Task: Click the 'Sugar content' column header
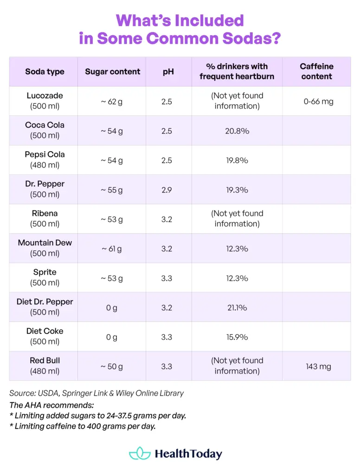(112, 71)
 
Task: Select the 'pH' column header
(168, 71)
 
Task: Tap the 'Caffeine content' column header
(316, 71)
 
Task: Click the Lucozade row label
(45, 101)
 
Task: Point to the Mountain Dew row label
(45, 248)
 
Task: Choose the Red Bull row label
(45, 366)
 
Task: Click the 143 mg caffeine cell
(318, 366)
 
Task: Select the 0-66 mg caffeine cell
(318, 101)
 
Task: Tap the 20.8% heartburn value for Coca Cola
(237, 131)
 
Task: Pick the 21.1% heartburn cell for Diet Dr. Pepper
(237, 308)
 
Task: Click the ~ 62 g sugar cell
(112, 102)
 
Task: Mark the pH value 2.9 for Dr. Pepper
(167, 190)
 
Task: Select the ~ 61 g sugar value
(112, 249)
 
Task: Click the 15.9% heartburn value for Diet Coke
(237, 337)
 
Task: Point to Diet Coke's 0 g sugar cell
(112, 337)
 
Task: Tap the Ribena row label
(45, 218)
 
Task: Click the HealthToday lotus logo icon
(140, 453)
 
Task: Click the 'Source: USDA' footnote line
(96, 393)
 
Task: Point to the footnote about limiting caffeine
(82, 426)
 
